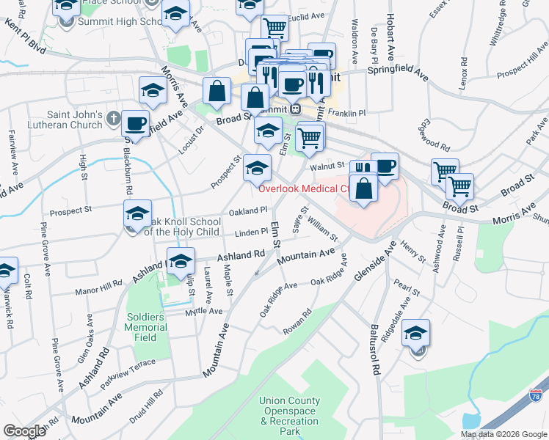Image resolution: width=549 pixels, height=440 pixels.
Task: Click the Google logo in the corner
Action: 24,431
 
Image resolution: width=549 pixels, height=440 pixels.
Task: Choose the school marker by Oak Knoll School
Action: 137,213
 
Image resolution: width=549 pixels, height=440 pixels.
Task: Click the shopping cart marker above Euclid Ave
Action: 274,28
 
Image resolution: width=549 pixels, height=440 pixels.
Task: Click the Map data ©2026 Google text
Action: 504,434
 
